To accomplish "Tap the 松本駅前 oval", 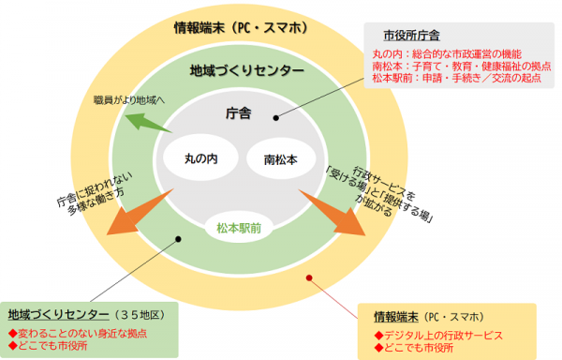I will pos(237,228).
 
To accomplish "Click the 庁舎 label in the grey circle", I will pos(239,114).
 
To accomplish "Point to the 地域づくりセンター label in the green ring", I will pos(246,70).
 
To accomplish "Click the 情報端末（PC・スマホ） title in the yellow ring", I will pos(241,27).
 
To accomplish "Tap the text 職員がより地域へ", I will pos(127,99).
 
